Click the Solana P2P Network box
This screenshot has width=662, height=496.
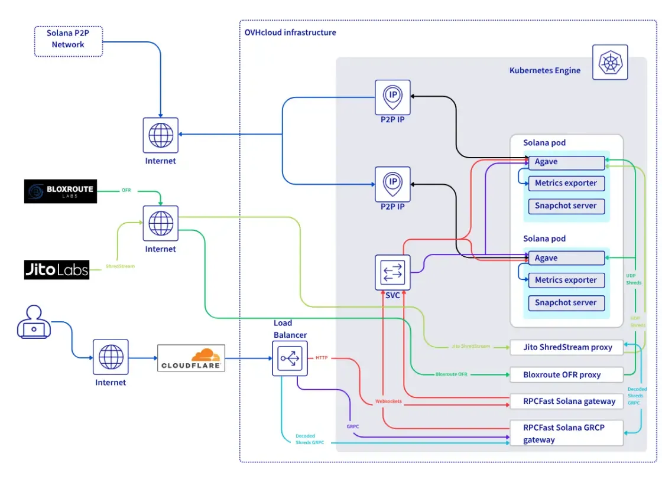[x=69, y=40]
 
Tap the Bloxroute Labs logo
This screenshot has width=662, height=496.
[x=60, y=191]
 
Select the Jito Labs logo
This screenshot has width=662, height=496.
[x=57, y=270]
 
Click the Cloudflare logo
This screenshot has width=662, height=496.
[x=192, y=358]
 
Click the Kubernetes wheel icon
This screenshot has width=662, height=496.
[x=610, y=62]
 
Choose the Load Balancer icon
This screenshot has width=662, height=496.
[x=290, y=358]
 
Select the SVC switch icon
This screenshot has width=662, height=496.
[x=392, y=272]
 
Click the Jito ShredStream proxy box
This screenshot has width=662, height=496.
[x=566, y=347]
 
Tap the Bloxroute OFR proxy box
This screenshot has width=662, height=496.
[x=566, y=374]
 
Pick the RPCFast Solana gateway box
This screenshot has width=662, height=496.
[x=566, y=402]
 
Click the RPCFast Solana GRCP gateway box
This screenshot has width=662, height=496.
[x=566, y=433]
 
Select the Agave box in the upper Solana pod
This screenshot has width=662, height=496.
[x=566, y=162]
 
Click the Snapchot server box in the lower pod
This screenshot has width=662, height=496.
[x=566, y=303]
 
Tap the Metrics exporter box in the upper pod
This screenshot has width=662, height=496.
[x=566, y=183]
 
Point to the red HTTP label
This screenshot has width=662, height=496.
[x=322, y=358]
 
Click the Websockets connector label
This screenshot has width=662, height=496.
[x=388, y=402]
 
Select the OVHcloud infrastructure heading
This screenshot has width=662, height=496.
[x=290, y=32]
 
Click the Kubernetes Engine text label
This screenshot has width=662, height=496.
[x=545, y=70]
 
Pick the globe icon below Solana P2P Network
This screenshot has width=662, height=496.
[x=161, y=135]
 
